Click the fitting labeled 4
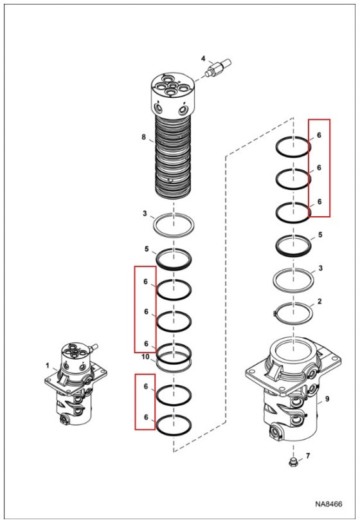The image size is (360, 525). pos(218,68)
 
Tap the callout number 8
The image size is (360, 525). pos(144,137)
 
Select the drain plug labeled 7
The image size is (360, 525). pos(292,463)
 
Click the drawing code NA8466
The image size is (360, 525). pos(328,504)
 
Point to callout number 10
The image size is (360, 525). pos(145,357)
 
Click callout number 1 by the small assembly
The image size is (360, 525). pos(47,365)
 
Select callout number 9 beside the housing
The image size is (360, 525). pos(327,399)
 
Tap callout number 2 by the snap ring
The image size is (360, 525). pos(319,301)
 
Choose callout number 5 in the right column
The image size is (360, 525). pos(320,235)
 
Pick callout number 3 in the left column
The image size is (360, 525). pos(145,214)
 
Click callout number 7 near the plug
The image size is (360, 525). pos(308,456)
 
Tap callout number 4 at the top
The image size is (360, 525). pos(203,59)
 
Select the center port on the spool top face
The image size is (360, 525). pos(172,85)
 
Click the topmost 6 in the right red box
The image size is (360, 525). pos(319,135)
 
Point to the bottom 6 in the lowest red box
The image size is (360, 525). pos(146,417)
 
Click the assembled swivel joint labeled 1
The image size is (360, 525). pos(76,383)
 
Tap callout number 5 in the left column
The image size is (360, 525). pos(146,249)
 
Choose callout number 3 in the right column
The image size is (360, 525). pos(320,268)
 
